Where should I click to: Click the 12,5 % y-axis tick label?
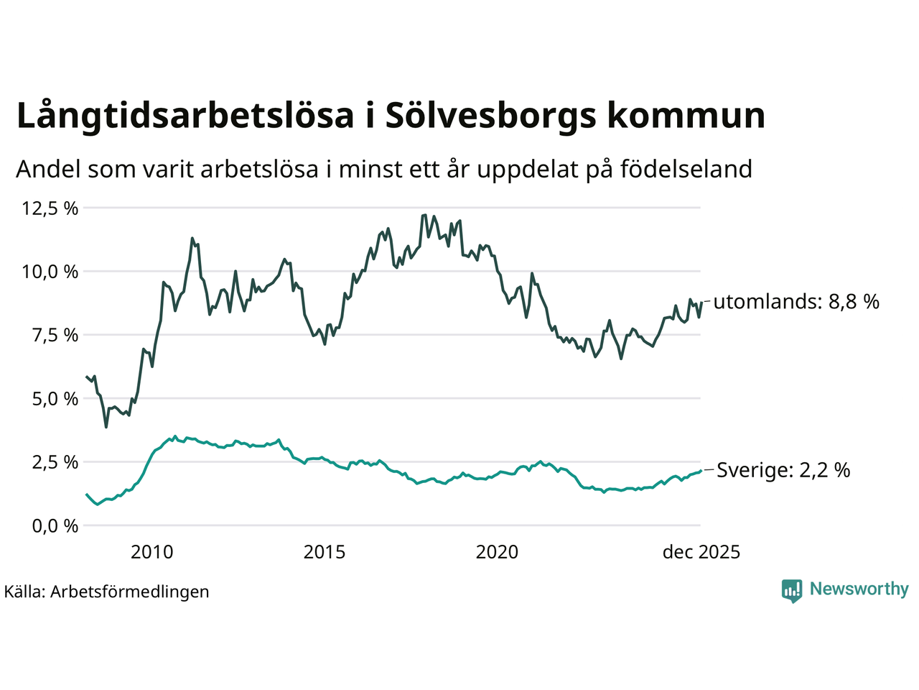(50, 208)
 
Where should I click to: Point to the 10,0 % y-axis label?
(50, 272)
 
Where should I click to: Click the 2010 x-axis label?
(151, 552)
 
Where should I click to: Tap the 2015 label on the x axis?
(325, 552)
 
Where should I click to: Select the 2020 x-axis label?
(497, 552)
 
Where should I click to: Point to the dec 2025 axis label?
(701, 552)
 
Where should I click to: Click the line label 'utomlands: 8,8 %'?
(796, 301)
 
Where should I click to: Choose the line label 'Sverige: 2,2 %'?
(783, 470)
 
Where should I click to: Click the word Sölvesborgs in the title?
(490, 116)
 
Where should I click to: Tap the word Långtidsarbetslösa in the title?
(185, 116)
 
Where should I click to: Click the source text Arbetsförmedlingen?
(129, 592)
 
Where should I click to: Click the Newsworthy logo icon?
(792, 590)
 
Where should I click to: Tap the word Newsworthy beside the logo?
(859, 589)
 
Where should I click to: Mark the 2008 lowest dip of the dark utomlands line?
(106, 427)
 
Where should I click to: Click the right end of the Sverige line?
(700, 471)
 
